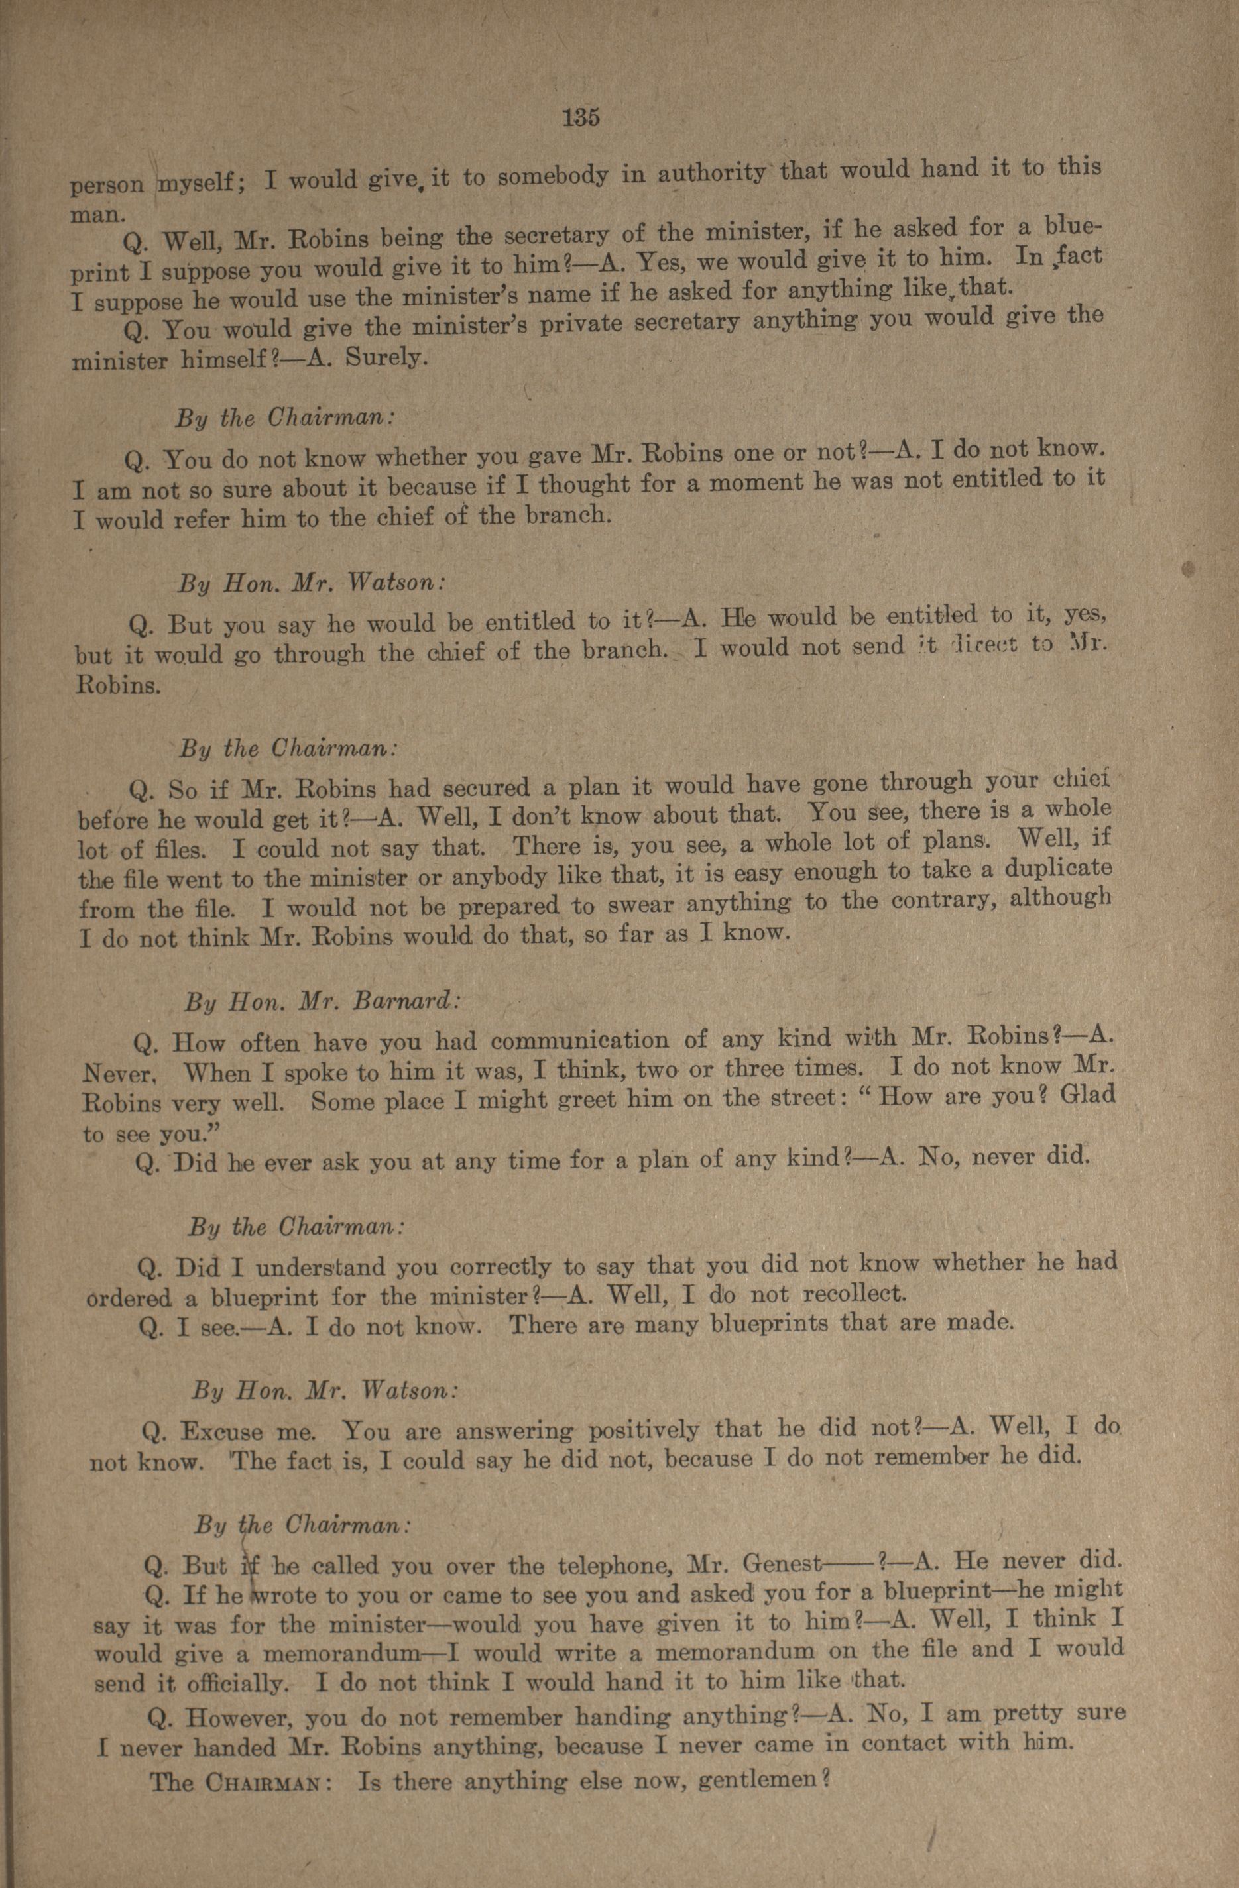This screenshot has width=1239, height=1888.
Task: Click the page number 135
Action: pyautogui.click(x=581, y=117)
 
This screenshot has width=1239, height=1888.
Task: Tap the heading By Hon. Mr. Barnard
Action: pyautogui.click(x=322, y=1001)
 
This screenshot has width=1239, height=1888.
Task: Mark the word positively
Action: pyautogui.click(x=644, y=1430)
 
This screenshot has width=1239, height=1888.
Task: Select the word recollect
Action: pyautogui.click(x=853, y=1294)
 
